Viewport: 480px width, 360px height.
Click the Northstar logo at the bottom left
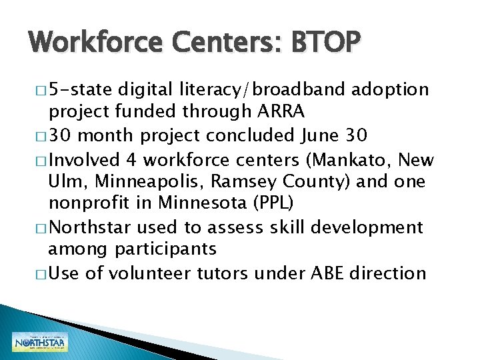tap(40, 341)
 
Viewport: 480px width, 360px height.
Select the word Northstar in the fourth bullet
tap(91, 227)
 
